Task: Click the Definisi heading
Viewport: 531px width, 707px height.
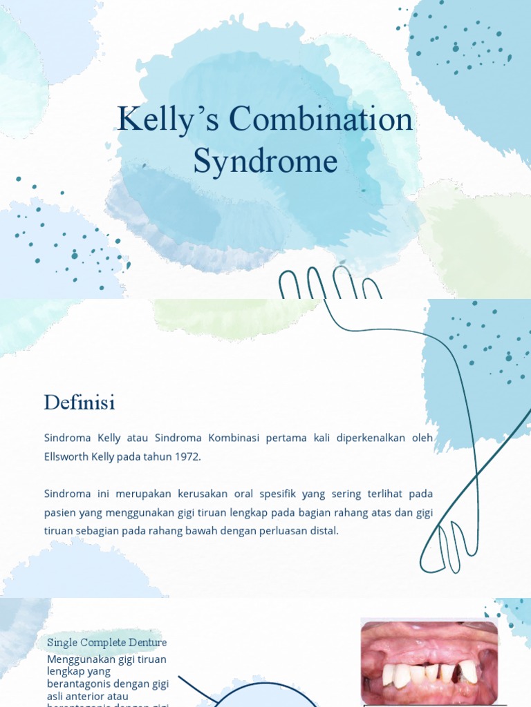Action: [80, 402]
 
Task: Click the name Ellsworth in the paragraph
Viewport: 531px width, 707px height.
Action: [68, 457]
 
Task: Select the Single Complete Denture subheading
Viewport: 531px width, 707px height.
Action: [107, 642]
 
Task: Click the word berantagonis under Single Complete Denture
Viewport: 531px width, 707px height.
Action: [79, 682]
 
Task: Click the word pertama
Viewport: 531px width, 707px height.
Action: [286, 438]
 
